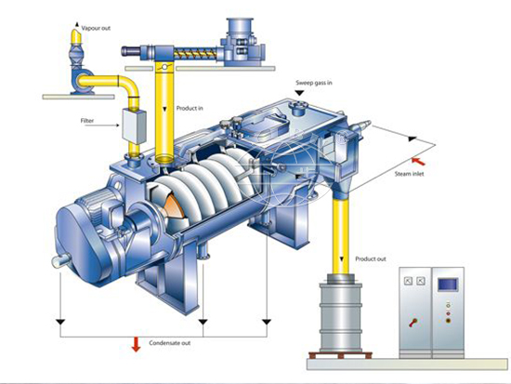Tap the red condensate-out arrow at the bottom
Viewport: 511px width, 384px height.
tap(135, 346)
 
